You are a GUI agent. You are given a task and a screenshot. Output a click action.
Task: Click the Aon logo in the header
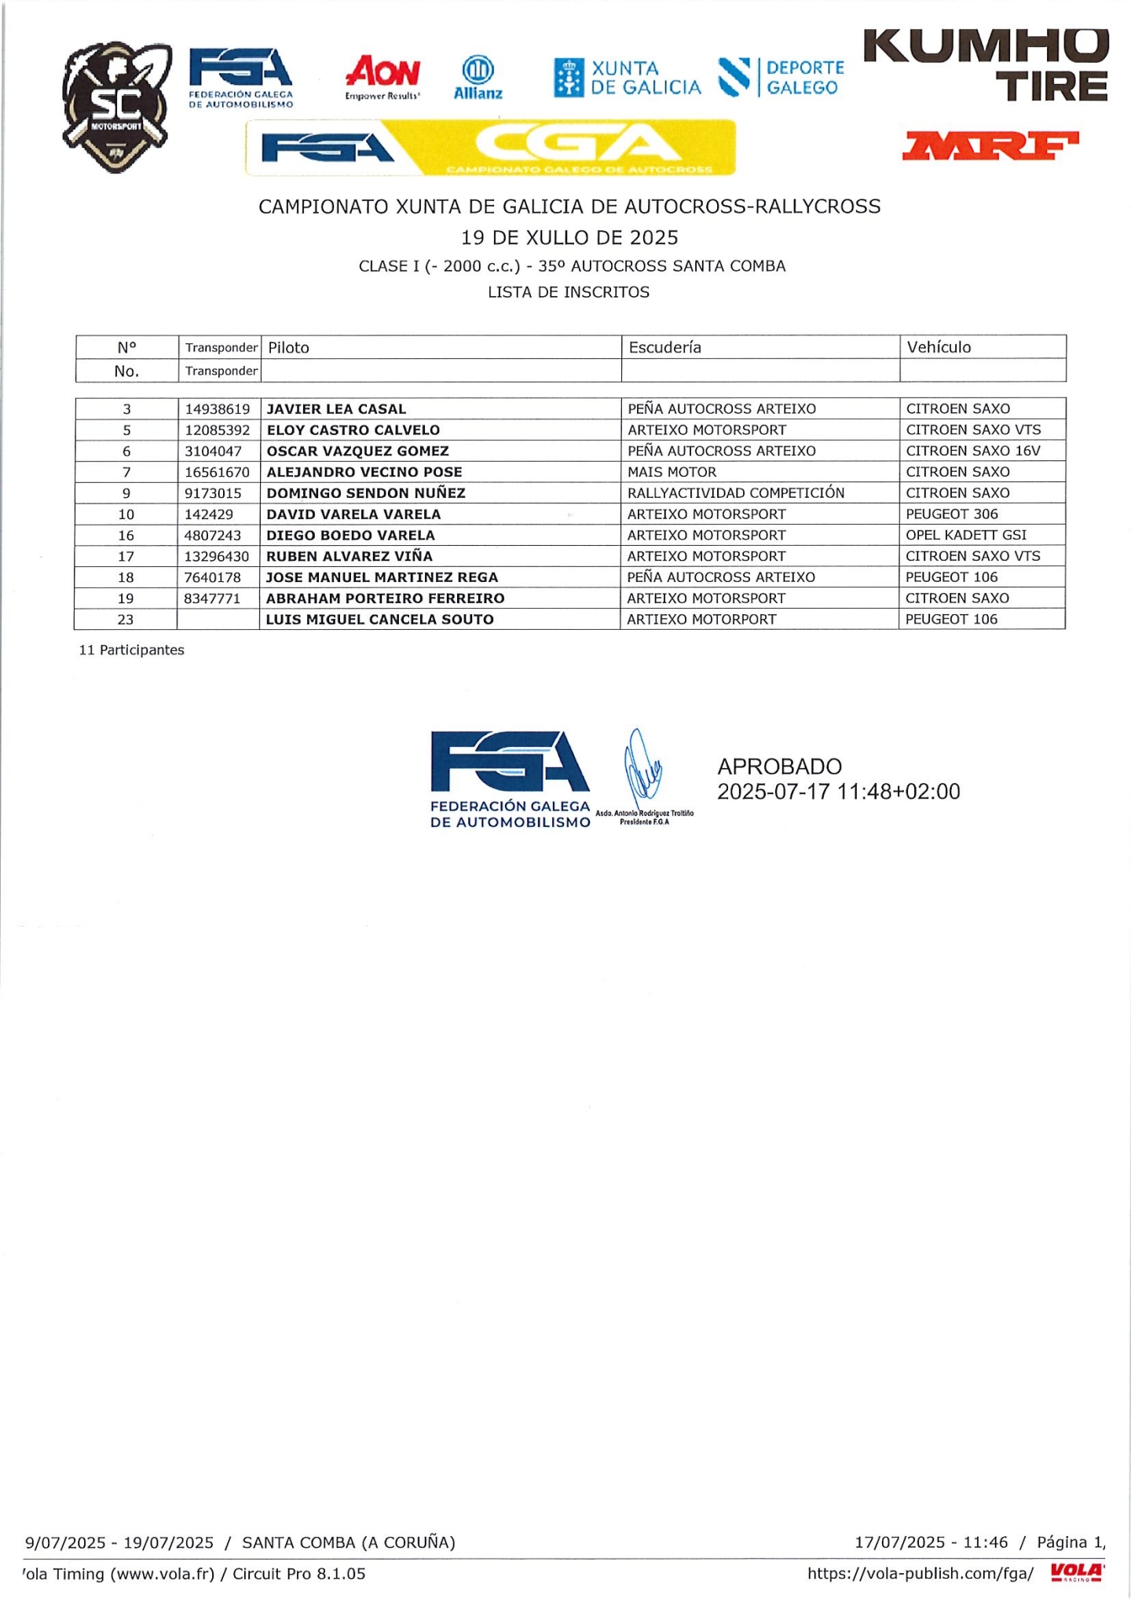point(382,76)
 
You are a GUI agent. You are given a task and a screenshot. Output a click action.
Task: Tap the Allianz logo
point(478,77)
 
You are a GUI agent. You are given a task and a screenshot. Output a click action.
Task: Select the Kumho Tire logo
point(986,65)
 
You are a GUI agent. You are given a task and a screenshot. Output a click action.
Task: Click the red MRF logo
point(990,145)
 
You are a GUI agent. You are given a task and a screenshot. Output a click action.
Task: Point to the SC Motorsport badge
point(117,106)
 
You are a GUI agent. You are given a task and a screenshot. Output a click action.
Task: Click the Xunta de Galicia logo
point(627,78)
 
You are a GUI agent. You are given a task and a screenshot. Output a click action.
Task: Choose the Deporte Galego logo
point(781,78)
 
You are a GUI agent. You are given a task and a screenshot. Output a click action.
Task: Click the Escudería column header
point(664,347)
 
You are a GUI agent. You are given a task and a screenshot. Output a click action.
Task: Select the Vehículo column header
point(939,347)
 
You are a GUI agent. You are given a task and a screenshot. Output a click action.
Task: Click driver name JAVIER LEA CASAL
point(336,409)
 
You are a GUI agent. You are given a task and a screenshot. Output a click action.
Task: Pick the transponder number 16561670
point(218,472)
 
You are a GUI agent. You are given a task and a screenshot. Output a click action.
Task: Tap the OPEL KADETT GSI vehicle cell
point(966,535)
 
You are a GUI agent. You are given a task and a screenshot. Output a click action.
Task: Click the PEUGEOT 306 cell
point(952,514)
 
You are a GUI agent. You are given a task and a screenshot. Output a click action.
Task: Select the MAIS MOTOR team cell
point(672,472)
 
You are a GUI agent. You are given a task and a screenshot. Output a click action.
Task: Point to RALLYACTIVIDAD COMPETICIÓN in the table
point(736,493)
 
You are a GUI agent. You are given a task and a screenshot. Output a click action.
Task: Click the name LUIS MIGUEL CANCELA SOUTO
point(380,620)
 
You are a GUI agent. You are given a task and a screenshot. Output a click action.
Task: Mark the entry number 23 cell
point(126,620)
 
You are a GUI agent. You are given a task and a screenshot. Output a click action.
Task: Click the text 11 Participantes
point(132,650)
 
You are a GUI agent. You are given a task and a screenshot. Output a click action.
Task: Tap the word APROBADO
point(779,767)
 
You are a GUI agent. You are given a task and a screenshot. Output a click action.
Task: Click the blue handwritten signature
point(642,766)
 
